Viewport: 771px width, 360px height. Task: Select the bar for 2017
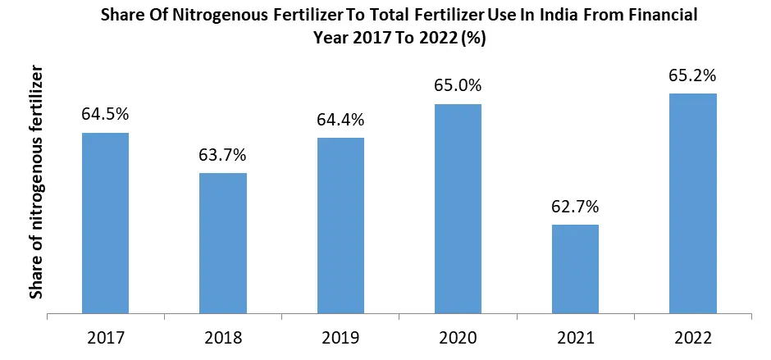(x=105, y=223)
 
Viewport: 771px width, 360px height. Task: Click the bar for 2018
(x=223, y=243)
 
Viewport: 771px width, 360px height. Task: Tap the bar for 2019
(x=340, y=226)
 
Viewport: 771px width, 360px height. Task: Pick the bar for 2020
(x=458, y=208)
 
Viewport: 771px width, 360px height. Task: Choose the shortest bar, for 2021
(x=575, y=268)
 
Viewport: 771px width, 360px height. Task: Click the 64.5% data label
(x=105, y=113)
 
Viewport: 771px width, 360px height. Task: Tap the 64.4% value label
(x=340, y=119)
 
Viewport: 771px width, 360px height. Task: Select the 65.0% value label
(x=458, y=85)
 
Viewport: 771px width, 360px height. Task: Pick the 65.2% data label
(x=693, y=75)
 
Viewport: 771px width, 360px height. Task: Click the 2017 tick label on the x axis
(x=105, y=337)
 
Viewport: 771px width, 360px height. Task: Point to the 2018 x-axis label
(x=223, y=337)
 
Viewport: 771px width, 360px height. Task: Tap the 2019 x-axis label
(x=340, y=337)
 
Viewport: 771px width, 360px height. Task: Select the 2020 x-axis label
(x=458, y=337)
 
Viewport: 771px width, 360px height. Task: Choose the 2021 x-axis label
(x=575, y=337)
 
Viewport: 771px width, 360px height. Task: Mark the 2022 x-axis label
(x=693, y=337)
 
